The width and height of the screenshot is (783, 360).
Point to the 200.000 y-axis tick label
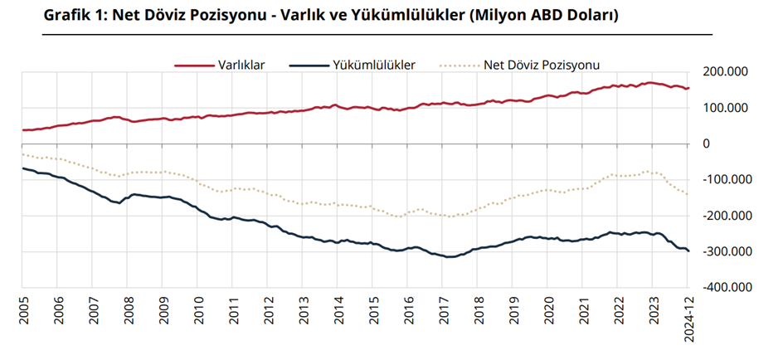[x=725, y=72]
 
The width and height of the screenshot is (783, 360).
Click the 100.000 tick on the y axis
[x=725, y=108]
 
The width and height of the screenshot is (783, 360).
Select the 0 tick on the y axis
[x=707, y=144]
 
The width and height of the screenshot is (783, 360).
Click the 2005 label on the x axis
[x=23, y=308]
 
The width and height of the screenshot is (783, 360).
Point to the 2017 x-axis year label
[x=444, y=308]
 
